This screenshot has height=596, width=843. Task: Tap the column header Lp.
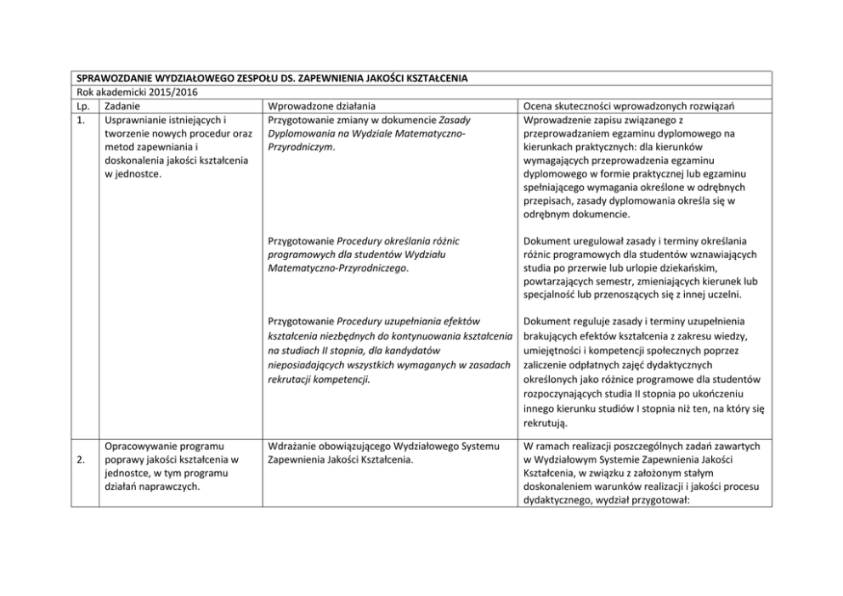coord(77,106)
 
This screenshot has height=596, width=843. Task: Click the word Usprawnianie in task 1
coord(134,120)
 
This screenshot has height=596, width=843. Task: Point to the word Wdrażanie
coord(293,446)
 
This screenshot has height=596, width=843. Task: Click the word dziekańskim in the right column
coord(676,269)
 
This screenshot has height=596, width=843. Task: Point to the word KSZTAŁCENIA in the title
coord(437,79)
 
